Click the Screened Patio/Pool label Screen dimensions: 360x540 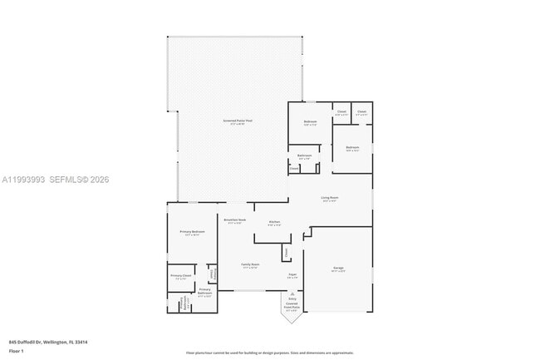[237, 121]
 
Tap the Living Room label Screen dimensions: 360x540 [330, 198]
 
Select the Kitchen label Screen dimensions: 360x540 [274, 221]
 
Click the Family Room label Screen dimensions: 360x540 [251, 264]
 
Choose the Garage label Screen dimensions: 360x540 [338, 268]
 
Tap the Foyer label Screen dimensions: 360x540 [292, 274]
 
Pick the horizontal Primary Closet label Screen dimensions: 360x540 [181, 275]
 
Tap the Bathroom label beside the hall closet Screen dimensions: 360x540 [305, 155]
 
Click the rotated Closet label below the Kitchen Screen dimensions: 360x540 [286, 251]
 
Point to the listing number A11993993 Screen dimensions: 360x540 [24, 180]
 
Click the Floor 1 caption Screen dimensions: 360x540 [17, 351]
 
